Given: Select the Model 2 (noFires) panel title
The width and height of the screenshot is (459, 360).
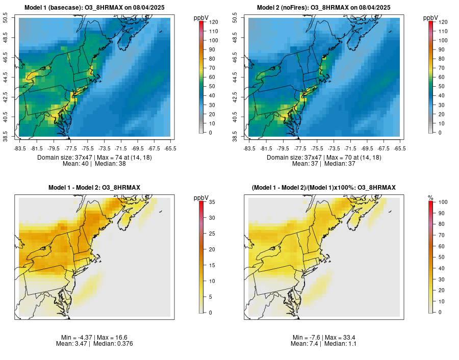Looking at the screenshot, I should [324, 8].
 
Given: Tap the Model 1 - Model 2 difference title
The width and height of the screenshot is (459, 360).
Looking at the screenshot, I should [94, 188].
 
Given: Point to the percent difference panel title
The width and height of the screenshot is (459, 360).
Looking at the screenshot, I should [324, 188].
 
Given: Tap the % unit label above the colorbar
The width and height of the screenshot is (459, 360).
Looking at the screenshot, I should [430, 197].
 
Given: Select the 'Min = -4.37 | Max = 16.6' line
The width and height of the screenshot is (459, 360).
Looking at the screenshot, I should [94, 338].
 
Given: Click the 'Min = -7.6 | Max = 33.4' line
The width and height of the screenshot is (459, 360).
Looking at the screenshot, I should [324, 338].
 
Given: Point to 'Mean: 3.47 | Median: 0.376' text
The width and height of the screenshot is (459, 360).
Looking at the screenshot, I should [94, 344].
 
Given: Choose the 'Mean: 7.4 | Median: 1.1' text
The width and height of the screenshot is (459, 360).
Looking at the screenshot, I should [324, 344].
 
